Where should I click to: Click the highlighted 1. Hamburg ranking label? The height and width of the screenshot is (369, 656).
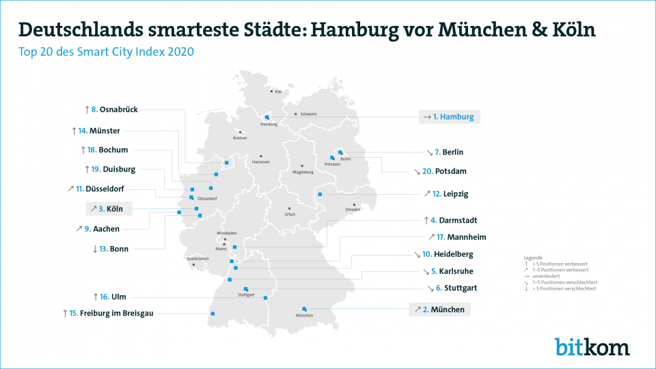click(450, 117)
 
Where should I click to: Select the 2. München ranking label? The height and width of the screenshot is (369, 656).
click(439, 310)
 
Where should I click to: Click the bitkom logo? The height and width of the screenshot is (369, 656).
click(592, 346)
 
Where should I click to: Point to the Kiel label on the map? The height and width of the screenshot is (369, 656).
click(278, 92)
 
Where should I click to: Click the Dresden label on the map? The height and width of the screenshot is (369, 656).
click(353, 209)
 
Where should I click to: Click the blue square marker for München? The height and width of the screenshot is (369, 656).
click(304, 309)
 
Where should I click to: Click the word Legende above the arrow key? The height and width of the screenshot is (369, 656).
click(533, 257)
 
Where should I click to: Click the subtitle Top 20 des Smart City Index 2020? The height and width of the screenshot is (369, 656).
click(107, 51)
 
